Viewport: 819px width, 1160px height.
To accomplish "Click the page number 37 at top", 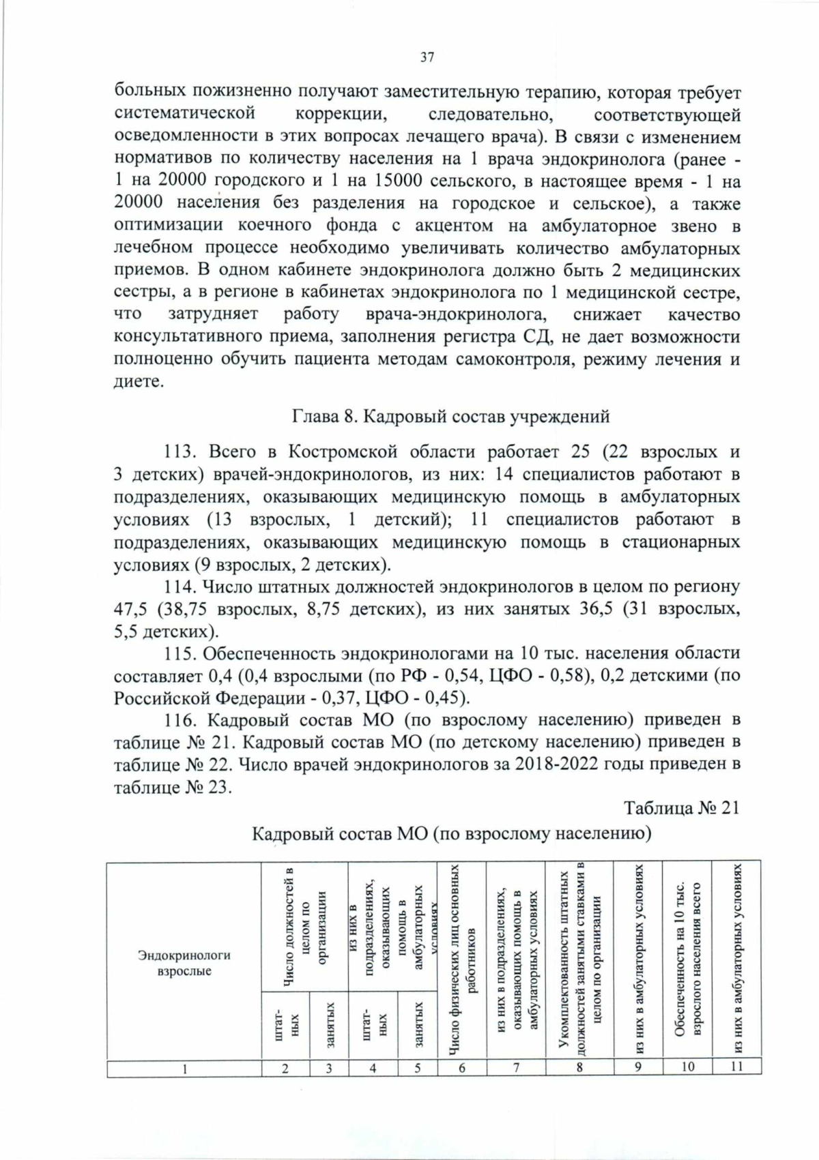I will (427, 57).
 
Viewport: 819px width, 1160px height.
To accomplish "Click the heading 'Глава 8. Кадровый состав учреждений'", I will (450, 416).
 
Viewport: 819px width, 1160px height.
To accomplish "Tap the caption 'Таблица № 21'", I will (682, 808).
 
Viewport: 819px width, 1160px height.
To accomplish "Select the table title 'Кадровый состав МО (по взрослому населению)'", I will (451, 833).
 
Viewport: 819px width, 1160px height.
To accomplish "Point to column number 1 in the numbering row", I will (184, 1068).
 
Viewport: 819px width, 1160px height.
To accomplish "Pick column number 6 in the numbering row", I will (462, 1068).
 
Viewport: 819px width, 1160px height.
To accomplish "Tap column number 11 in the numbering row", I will (736, 1067).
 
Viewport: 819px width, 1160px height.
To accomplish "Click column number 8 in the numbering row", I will (579, 1068).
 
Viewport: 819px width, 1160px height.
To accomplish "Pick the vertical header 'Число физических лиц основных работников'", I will (462, 962).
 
